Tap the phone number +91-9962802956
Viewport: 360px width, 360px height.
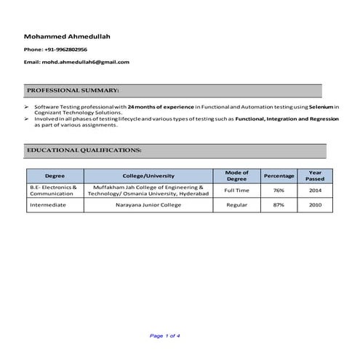point(66,49)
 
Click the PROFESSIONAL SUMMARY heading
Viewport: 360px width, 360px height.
point(73,90)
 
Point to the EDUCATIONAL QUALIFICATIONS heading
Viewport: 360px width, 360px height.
point(84,150)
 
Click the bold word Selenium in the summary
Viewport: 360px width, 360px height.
point(321,106)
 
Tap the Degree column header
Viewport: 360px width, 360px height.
point(55,176)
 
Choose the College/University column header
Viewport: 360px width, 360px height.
point(148,176)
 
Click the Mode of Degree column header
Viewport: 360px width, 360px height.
point(236,176)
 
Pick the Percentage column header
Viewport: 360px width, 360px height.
point(279,176)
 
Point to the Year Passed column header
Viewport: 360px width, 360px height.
point(315,176)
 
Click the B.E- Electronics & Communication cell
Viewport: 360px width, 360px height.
point(53,191)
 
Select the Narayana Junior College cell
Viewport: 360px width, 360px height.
point(148,205)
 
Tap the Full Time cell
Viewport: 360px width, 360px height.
point(236,191)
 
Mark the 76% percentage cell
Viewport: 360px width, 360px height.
point(279,191)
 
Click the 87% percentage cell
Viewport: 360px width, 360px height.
point(279,205)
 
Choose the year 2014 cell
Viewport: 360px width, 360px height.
point(315,191)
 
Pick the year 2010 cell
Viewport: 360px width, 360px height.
point(315,205)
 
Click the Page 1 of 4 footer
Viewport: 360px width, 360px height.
point(164,335)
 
